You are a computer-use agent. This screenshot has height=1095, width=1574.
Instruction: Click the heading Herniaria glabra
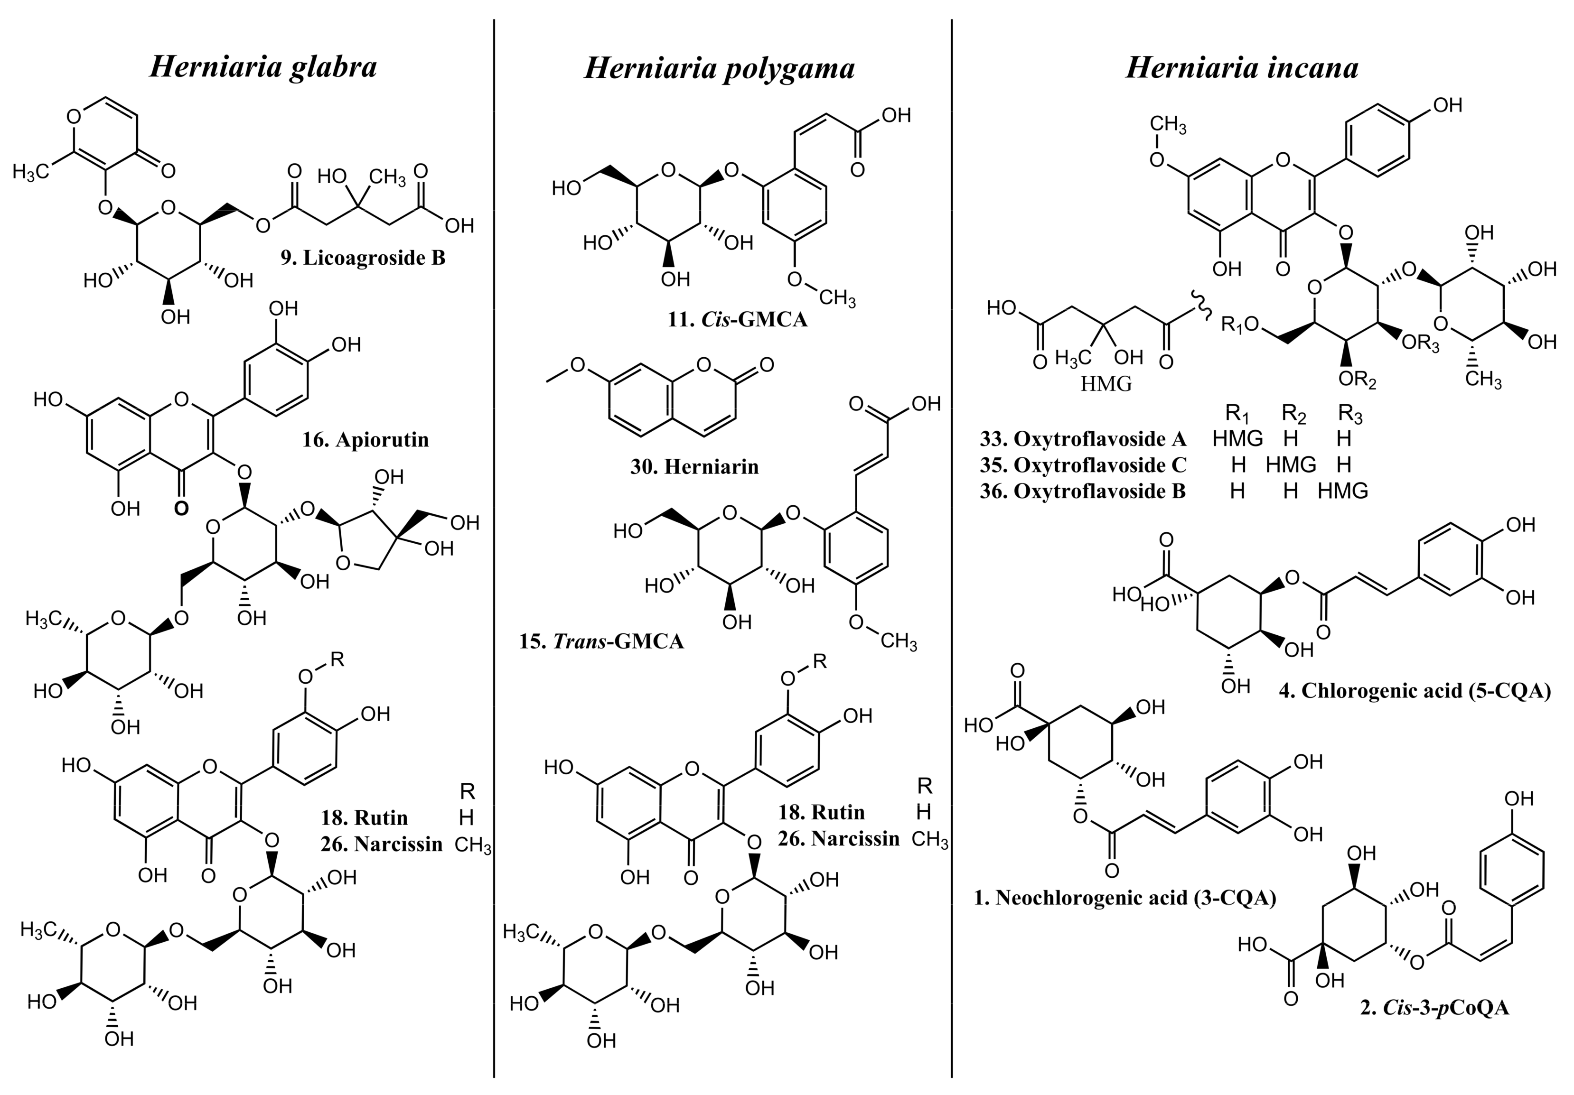pos(263,68)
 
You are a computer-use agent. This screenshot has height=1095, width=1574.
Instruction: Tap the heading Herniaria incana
pos(1242,68)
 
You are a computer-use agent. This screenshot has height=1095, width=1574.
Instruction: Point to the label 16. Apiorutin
pos(365,439)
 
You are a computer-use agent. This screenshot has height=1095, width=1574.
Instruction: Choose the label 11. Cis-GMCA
pos(738,319)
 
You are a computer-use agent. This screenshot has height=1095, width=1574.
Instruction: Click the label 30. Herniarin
pos(694,467)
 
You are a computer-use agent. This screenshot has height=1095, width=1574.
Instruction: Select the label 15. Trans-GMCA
pos(601,641)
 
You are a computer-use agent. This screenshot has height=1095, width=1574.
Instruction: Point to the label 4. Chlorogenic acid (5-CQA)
pos(1415,690)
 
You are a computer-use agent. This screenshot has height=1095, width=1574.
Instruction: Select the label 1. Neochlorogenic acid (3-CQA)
pos(1125,897)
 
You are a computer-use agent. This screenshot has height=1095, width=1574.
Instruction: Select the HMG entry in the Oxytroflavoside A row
pos(1237,438)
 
